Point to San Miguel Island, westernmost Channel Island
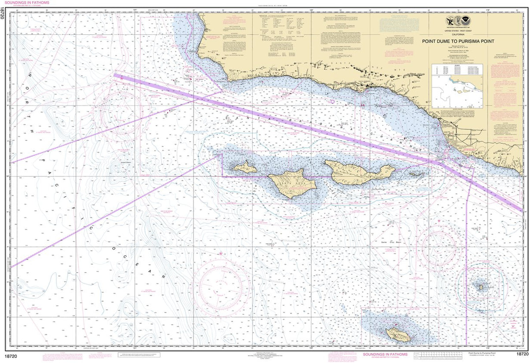pos(245,167)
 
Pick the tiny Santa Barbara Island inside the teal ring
pos(481,287)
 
